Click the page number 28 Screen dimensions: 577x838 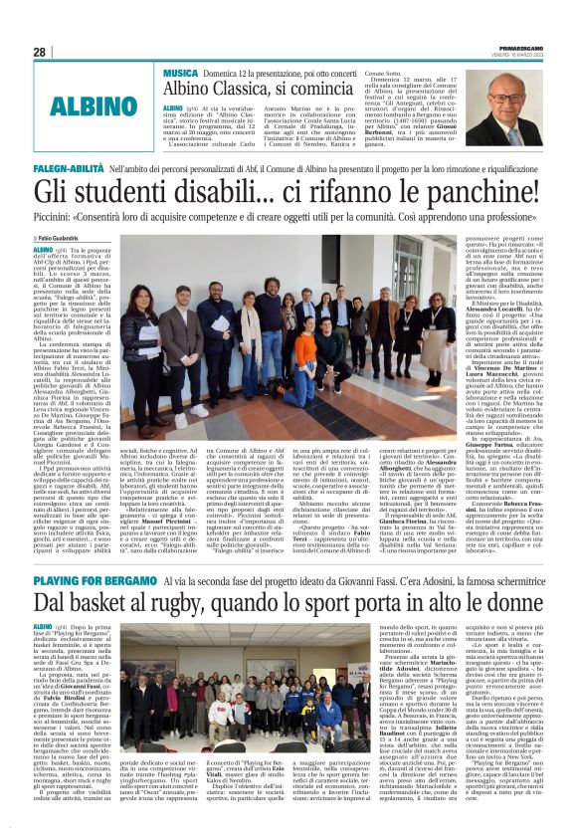[x=39, y=52]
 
